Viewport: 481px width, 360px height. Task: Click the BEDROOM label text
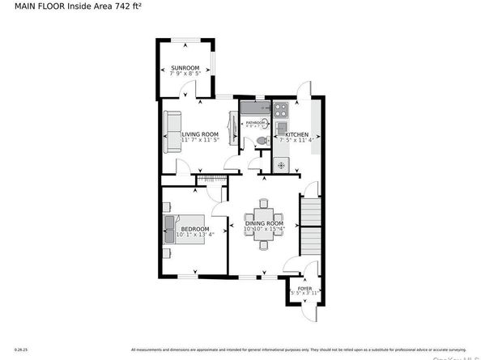coord(194,230)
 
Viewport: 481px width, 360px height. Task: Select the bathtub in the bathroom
coord(254,108)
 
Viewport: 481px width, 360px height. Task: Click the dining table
coord(264,219)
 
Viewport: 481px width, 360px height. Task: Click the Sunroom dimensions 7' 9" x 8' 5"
coord(184,74)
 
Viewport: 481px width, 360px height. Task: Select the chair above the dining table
coord(264,203)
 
